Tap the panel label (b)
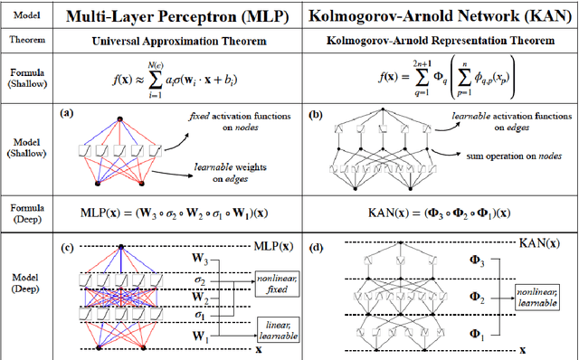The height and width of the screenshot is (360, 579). point(316,115)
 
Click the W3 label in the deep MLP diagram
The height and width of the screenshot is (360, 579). point(200,261)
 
